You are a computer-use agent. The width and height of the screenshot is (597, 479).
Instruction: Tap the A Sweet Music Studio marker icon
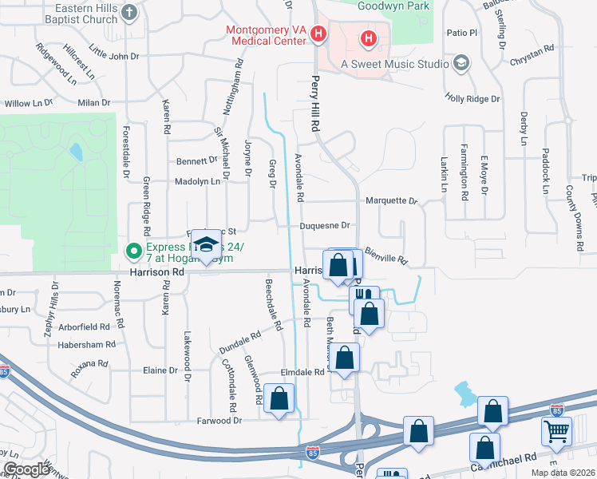(461, 63)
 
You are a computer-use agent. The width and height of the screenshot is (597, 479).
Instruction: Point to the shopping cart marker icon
(557, 432)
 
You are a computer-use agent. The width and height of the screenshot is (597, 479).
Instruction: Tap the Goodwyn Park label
(394, 6)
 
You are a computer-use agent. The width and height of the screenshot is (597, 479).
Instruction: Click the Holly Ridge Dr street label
(472, 99)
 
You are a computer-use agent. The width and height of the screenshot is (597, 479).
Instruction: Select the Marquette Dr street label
(391, 202)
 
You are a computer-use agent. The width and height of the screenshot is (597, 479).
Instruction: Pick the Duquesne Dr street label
(326, 226)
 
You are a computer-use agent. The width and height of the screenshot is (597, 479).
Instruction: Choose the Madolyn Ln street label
(198, 182)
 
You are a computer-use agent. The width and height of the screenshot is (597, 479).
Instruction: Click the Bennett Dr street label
(196, 160)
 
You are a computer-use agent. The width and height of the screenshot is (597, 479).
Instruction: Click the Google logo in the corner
(26, 469)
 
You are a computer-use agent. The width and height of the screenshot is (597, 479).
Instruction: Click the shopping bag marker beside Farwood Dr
(279, 400)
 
